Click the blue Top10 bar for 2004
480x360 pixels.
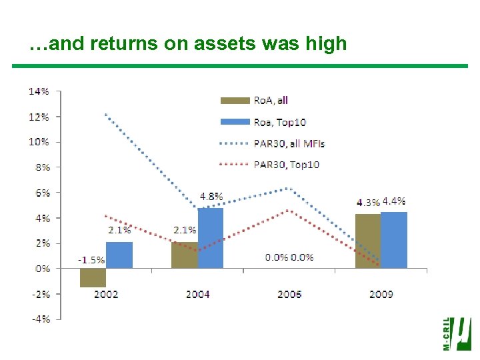pyautogui.click(x=211, y=238)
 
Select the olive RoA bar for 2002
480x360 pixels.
pyautogui.click(x=93, y=277)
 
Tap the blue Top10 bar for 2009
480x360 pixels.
pyautogui.click(x=393, y=240)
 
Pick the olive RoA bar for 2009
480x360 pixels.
pyautogui.click(x=367, y=241)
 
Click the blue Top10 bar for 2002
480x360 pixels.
pyautogui.click(x=119, y=255)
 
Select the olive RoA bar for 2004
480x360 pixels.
pyautogui.click(x=184, y=255)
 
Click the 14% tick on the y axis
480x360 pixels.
pyautogui.click(x=39, y=91)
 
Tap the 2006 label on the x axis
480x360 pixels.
pyautogui.click(x=289, y=294)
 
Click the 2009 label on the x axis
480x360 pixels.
pyautogui.click(x=381, y=294)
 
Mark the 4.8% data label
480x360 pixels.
pyautogui.click(x=211, y=197)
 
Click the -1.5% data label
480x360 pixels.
pyautogui.click(x=91, y=260)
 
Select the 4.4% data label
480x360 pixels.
pyautogui.click(x=393, y=201)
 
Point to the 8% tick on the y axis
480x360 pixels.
pyautogui.click(x=41, y=167)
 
